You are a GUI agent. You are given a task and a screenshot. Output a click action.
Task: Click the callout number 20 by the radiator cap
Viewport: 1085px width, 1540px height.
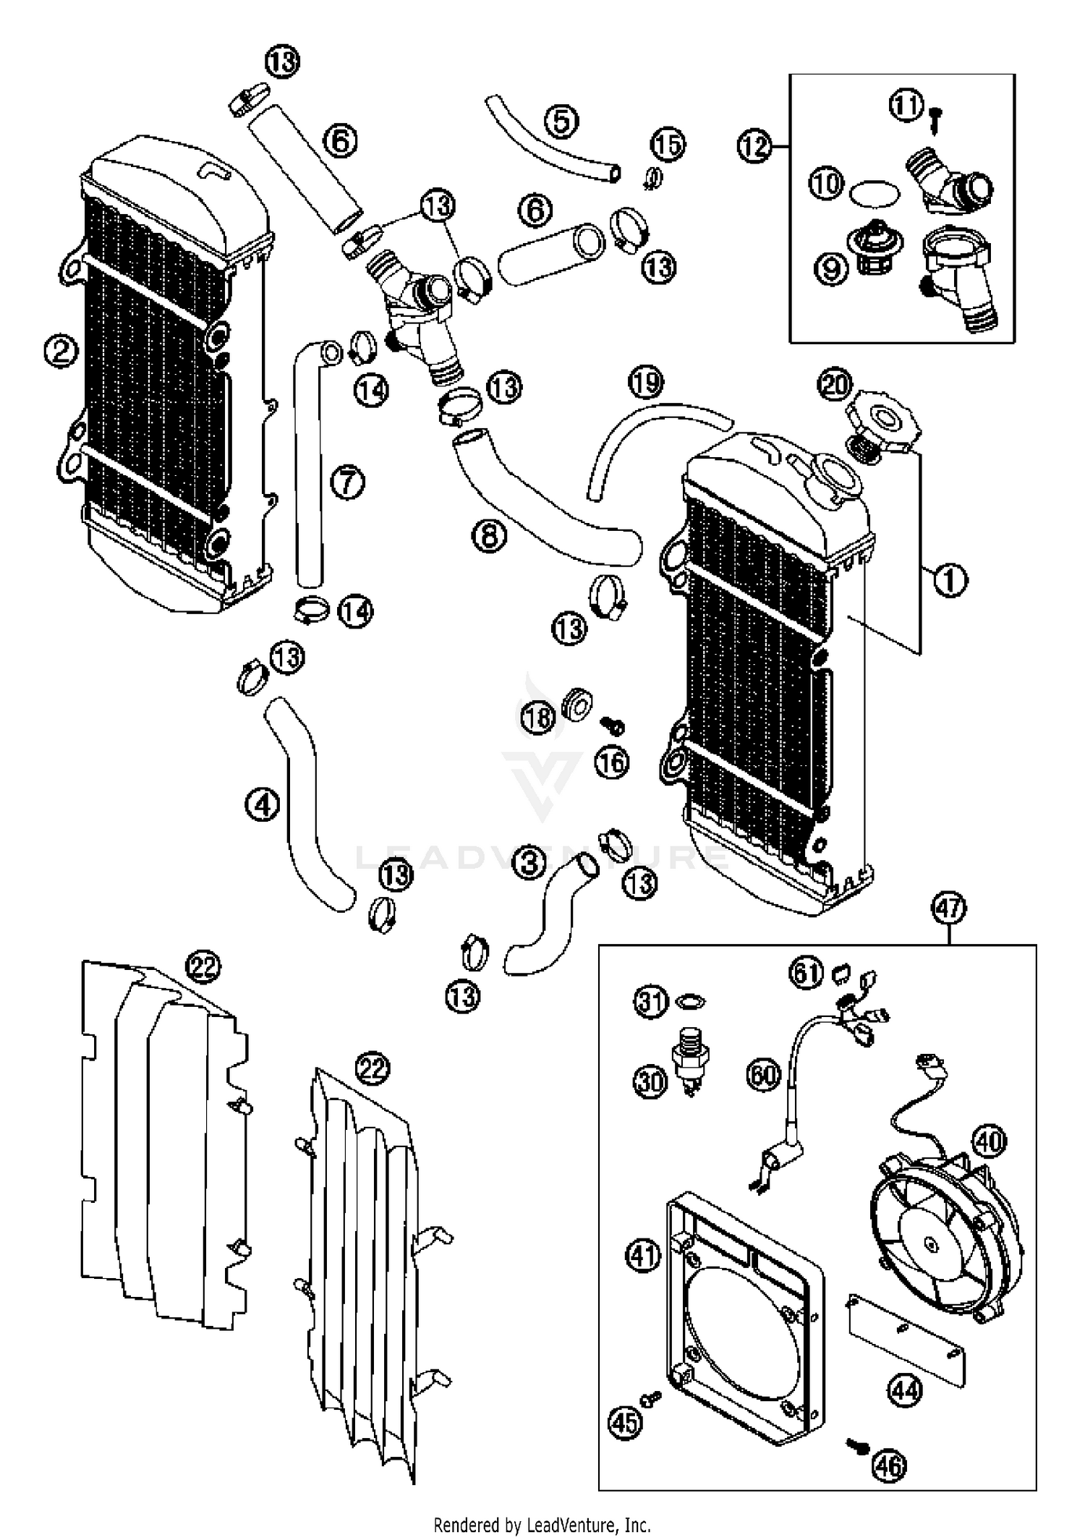point(835,385)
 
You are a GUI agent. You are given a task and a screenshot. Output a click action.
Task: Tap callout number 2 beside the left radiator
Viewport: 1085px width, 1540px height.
point(60,352)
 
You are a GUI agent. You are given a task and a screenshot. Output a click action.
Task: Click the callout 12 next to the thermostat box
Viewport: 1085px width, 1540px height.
point(754,147)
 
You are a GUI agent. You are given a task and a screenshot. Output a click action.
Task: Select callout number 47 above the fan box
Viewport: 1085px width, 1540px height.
point(949,908)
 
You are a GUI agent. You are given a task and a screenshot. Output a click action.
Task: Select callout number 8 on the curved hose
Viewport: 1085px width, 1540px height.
point(489,536)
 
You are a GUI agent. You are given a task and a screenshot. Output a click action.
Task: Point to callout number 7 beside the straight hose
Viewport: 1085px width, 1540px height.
point(348,482)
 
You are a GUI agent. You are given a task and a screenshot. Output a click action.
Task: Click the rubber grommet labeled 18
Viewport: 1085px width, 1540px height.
point(577,702)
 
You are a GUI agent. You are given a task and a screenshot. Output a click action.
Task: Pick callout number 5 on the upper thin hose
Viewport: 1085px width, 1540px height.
point(562,122)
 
